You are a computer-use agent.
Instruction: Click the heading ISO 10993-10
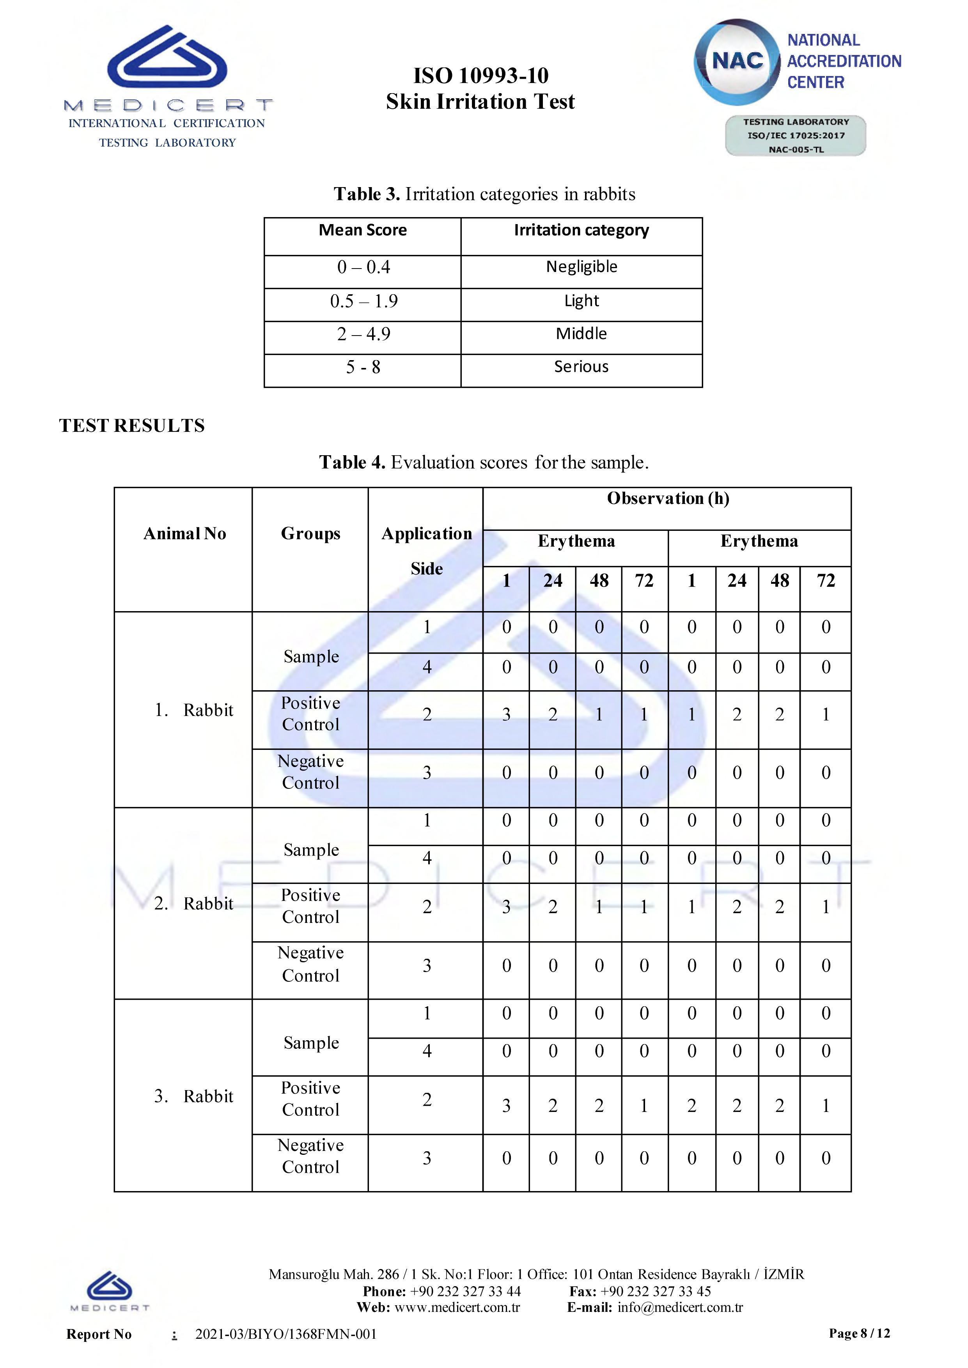pos(480,76)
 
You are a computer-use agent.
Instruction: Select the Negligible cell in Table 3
pos(581,267)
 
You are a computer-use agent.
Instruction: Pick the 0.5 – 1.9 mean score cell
pos(363,301)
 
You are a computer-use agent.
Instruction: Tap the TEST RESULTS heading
pos(132,426)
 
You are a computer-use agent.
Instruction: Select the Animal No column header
pos(185,534)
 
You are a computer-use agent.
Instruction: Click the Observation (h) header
pos(668,498)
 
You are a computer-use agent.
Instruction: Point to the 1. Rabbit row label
pos(194,710)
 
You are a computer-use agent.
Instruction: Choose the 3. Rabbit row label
pos(194,1096)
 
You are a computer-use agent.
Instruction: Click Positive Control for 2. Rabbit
pos(310,906)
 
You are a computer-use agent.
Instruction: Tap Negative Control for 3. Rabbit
pos(310,1156)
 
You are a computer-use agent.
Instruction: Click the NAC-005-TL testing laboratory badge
pos(796,136)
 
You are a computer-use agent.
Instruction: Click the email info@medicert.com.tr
pos(680,1308)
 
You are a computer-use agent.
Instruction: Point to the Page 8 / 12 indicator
pos(859,1333)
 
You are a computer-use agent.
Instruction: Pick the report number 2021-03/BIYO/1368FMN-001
pos(286,1334)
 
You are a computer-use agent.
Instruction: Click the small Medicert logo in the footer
pos(110,1291)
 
